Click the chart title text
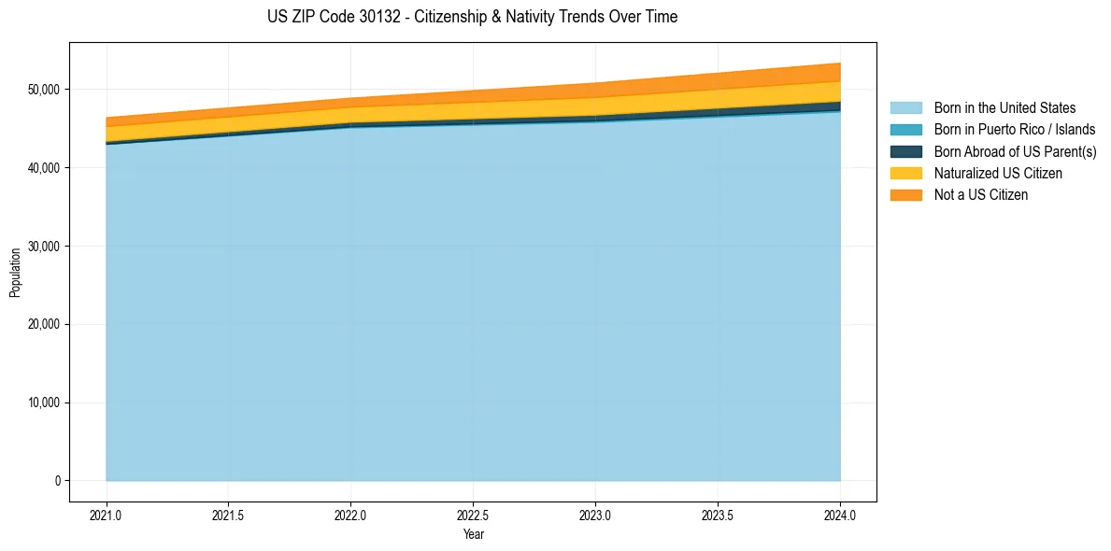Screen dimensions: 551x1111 [472, 17]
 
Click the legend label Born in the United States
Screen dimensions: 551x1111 [1004, 108]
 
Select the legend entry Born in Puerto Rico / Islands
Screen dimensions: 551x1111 [1015, 130]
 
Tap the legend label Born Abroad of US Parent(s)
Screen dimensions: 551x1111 [1015, 151]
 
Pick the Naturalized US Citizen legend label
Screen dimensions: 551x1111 [998, 174]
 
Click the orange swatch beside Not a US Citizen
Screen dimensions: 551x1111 [905, 195]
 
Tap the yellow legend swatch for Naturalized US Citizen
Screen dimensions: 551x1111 [905, 174]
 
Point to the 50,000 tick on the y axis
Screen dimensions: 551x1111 [44, 90]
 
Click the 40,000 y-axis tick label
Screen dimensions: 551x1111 [44, 168]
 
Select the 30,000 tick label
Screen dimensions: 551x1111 [44, 247]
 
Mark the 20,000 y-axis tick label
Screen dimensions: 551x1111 [44, 325]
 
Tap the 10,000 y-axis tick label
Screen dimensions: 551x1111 [44, 403]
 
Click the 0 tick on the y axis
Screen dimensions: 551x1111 [57, 481]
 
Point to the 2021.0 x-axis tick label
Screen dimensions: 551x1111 [107, 515]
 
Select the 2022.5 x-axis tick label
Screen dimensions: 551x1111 [474, 515]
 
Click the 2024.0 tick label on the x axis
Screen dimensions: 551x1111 [840, 515]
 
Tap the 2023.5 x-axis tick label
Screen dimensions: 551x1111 [718, 515]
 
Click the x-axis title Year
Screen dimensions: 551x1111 [474, 534]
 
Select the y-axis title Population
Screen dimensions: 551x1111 [15, 273]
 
